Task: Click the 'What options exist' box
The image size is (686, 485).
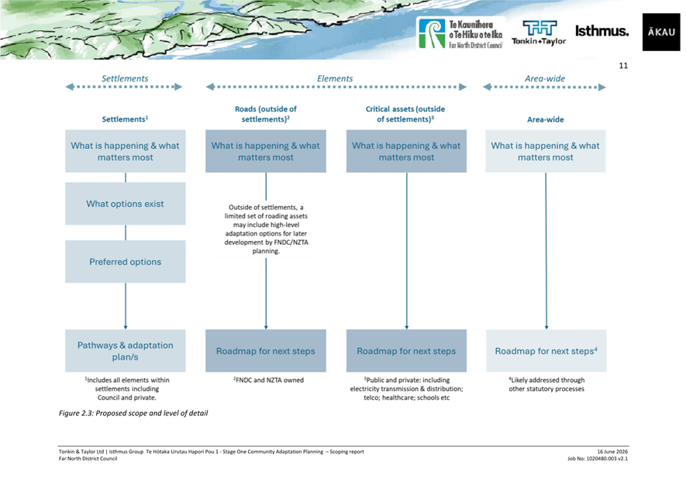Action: pos(125,204)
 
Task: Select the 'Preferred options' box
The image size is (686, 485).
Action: pos(125,262)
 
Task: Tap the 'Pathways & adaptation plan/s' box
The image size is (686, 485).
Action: pos(125,351)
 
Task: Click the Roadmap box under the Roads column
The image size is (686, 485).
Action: pos(266,351)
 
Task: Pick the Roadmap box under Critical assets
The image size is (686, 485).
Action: pos(406,351)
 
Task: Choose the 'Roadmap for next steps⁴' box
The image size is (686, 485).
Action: pos(546,351)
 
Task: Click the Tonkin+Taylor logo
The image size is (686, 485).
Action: pos(539,33)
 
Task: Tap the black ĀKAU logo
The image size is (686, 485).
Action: pos(661,32)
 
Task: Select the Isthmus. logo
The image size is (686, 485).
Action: pos(602,31)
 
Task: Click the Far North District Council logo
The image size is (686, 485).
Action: pos(460,33)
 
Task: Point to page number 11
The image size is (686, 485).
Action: pos(623,66)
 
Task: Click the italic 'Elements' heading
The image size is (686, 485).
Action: pos(335,78)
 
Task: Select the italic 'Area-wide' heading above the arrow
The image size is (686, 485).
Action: pos(545,78)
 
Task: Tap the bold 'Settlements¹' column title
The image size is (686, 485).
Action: pos(125,119)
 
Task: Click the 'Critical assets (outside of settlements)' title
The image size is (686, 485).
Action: pos(405,114)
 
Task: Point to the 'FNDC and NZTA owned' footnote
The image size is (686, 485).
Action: pos(268,380)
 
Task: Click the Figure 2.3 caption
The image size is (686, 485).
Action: pos(133,413)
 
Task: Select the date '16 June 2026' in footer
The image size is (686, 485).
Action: pos(612,452)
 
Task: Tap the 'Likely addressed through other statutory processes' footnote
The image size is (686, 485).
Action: pos(546,384)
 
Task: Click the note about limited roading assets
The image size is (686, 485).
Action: pos(266,229)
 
